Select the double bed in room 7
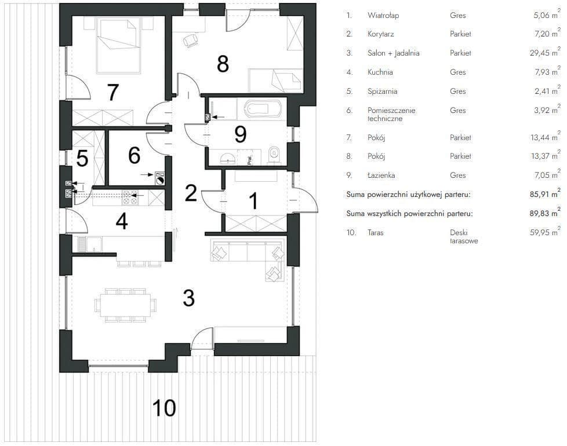(118, 46)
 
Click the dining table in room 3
(125, 305)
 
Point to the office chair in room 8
(191, 41)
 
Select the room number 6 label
(134, 156)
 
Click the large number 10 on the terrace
(164, 408)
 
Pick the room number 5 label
(82, 159)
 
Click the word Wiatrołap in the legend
(383, 16)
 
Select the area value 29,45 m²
(545, 53)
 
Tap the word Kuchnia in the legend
(380, 72)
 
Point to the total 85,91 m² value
(545, 194)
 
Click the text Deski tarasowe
(464, 236)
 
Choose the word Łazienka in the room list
(381, 175)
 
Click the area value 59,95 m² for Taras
(545, 232)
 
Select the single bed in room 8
(275, 81)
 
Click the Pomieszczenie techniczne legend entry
(391, 115)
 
